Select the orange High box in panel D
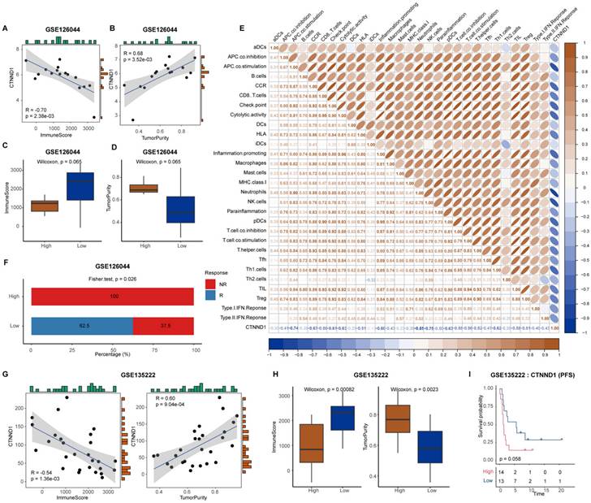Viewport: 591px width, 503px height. [166, 189]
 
